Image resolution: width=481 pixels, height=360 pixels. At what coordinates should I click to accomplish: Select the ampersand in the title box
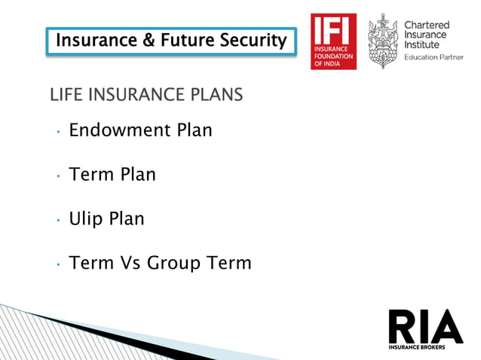coord(151,39)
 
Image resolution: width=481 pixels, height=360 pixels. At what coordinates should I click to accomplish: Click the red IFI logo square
coord(334,41)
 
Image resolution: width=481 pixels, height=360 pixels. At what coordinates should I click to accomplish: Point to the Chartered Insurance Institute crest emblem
coord(382,41)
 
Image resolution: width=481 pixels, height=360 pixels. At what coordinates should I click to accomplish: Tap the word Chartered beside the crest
coord(426,26)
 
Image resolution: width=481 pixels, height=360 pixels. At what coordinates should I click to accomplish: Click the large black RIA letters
coord(425,326)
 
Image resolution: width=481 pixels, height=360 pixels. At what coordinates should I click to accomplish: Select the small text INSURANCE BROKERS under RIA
coord(418,347)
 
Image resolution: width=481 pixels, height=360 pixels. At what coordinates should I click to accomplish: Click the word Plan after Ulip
coord(127,219)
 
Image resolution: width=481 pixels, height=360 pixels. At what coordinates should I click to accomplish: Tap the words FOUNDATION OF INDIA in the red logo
coord(332,60)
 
